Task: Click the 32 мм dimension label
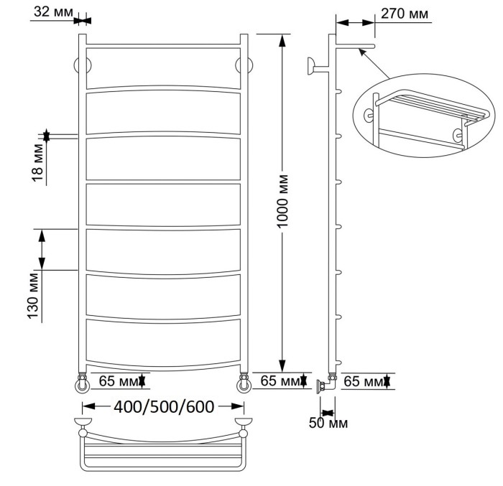[x=53, y=12]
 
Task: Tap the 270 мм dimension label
[x=404, y=14]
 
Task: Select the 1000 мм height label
[x=282, y=201]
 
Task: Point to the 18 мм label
[x=37, y=162]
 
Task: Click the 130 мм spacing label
[x=33, y=296]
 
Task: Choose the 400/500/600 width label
[x=164, y=407]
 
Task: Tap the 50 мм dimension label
[x=328, y=423]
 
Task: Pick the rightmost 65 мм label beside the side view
[x=364, y=381]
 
